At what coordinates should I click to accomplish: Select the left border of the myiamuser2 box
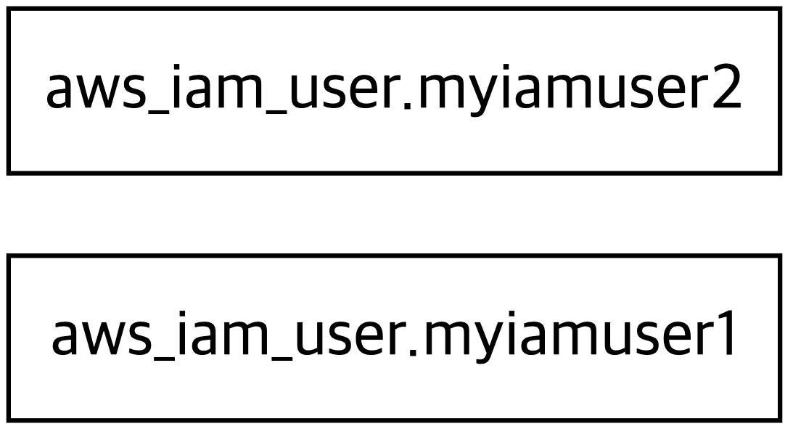coord(9,91)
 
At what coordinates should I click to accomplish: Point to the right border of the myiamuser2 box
coord(781,91)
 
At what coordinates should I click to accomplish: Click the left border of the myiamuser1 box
coord(9,338)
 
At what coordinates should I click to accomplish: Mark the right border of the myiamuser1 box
coord(781,338)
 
